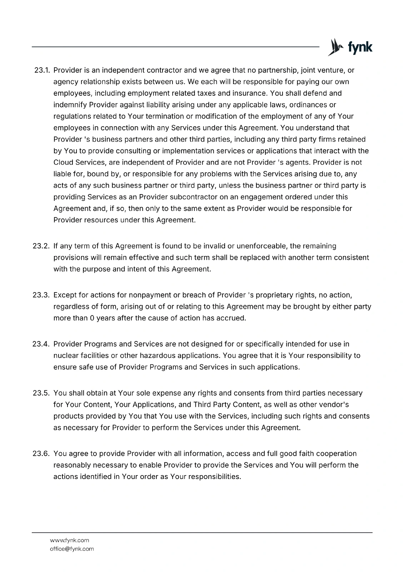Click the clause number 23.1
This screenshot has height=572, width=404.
[42, 70]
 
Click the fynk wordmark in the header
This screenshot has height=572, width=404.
[360, 47]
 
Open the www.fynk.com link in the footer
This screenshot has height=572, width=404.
[69, 540]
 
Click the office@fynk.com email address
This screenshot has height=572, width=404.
[72, 548]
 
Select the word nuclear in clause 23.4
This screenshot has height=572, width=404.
[65, 355]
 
